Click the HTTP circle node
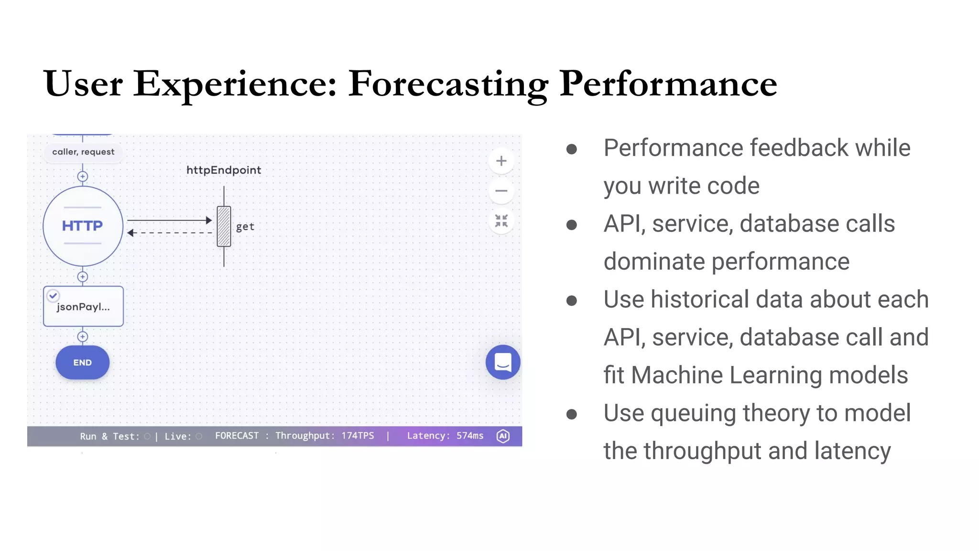point(83,226)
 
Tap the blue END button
point(82,363)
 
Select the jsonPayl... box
point(83,307)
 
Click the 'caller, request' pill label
point(83,152)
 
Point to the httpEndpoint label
point(224,170)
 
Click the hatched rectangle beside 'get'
point(224,226)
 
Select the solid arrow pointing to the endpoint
point(169,220)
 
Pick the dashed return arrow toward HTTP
point(169,233)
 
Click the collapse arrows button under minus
point(501,220)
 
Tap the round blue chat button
point(503,362)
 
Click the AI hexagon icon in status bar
point(503,436)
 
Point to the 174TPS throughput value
point(358,436)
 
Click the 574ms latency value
point(470,436)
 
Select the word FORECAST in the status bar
point(237,436)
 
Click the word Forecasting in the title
point(448,84)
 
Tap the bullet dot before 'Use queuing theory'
point(571,414)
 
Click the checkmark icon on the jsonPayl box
point(53,296)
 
